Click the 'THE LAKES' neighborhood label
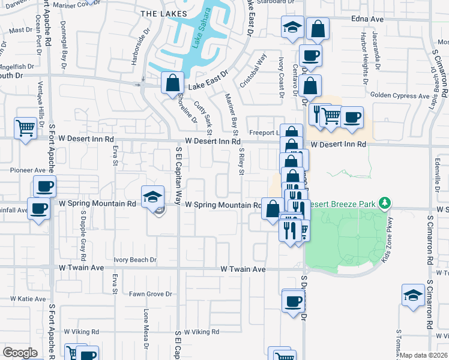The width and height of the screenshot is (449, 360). (x=163, y=13)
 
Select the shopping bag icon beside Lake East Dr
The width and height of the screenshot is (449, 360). (x=172, y=83)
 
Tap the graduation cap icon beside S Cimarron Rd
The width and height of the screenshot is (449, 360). (x=413, y=296)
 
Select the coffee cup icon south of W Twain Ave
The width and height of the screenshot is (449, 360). (x=293, y=301)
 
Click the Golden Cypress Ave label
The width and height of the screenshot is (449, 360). (x=397, y=95)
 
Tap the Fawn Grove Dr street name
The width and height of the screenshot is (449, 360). (x=151, y=294)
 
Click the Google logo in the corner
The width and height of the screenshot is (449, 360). (x=20, y=353)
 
